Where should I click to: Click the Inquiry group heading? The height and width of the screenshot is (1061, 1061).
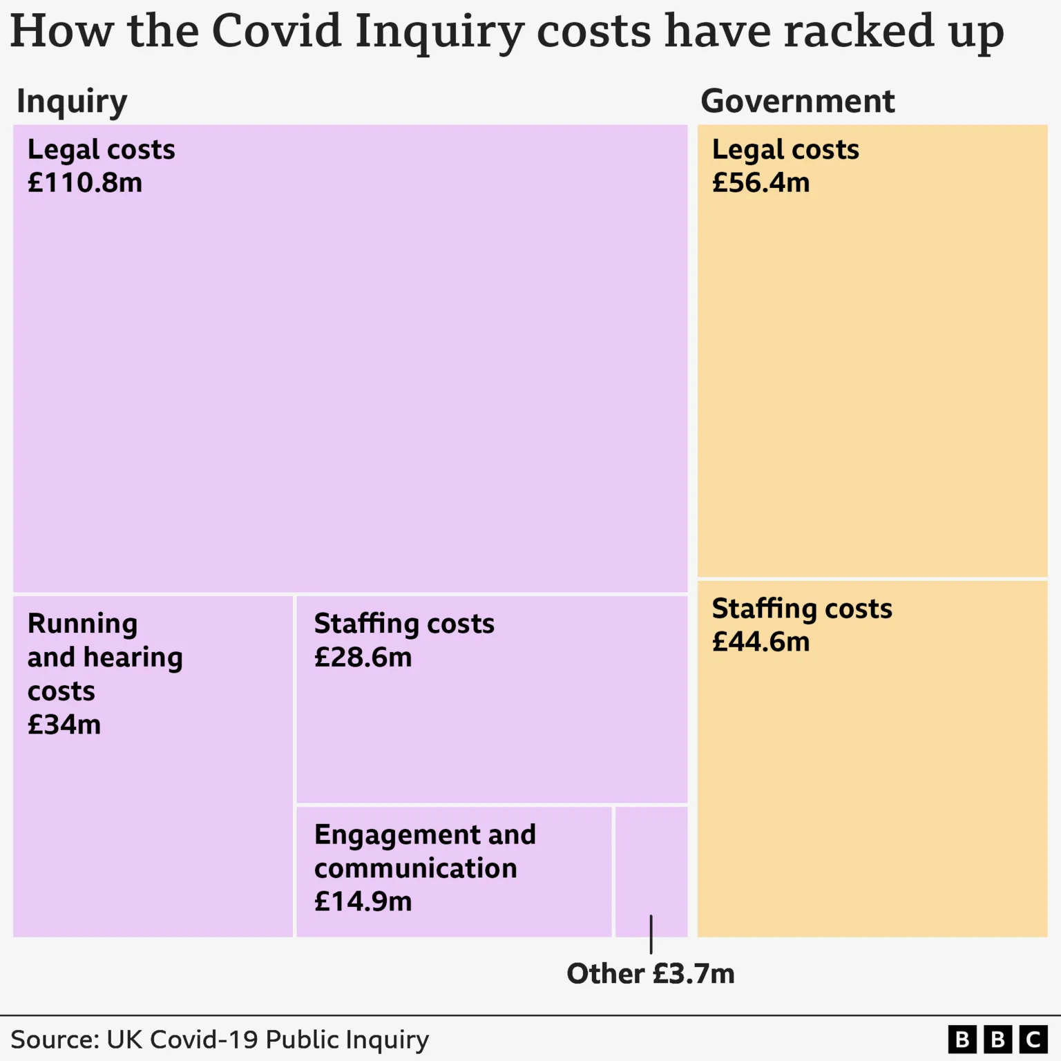click(x=72, y=102)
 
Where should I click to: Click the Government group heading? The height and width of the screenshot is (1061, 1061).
click(x=797, y=102)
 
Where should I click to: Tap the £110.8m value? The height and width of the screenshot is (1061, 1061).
click(x=85, y=183)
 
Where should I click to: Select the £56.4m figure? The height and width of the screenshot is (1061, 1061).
click(x=761, y=183)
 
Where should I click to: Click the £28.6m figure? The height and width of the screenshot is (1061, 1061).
click(x=363, y=658)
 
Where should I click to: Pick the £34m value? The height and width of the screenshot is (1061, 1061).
click(x=64, y=725)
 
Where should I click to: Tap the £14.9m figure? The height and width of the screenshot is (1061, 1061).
click(x=363, y=902)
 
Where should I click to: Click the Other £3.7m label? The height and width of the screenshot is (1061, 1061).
click(x=650, y=974)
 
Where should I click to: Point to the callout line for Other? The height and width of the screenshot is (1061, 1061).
click(x=651, y=935)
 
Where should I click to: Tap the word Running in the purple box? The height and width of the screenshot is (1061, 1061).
click(x=82, y=624)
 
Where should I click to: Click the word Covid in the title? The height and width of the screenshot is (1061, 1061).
click(x=276, y=31)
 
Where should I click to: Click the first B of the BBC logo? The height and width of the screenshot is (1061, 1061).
click(x=962, y=1040)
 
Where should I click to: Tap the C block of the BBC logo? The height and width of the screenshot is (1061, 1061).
click(x=1033, y=1040)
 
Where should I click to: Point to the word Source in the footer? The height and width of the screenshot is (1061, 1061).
click(x=53, y=1040)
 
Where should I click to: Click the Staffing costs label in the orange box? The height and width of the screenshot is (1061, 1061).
click(x=802, y=609)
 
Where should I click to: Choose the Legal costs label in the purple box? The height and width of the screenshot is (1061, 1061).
click(x=101, y=150)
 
